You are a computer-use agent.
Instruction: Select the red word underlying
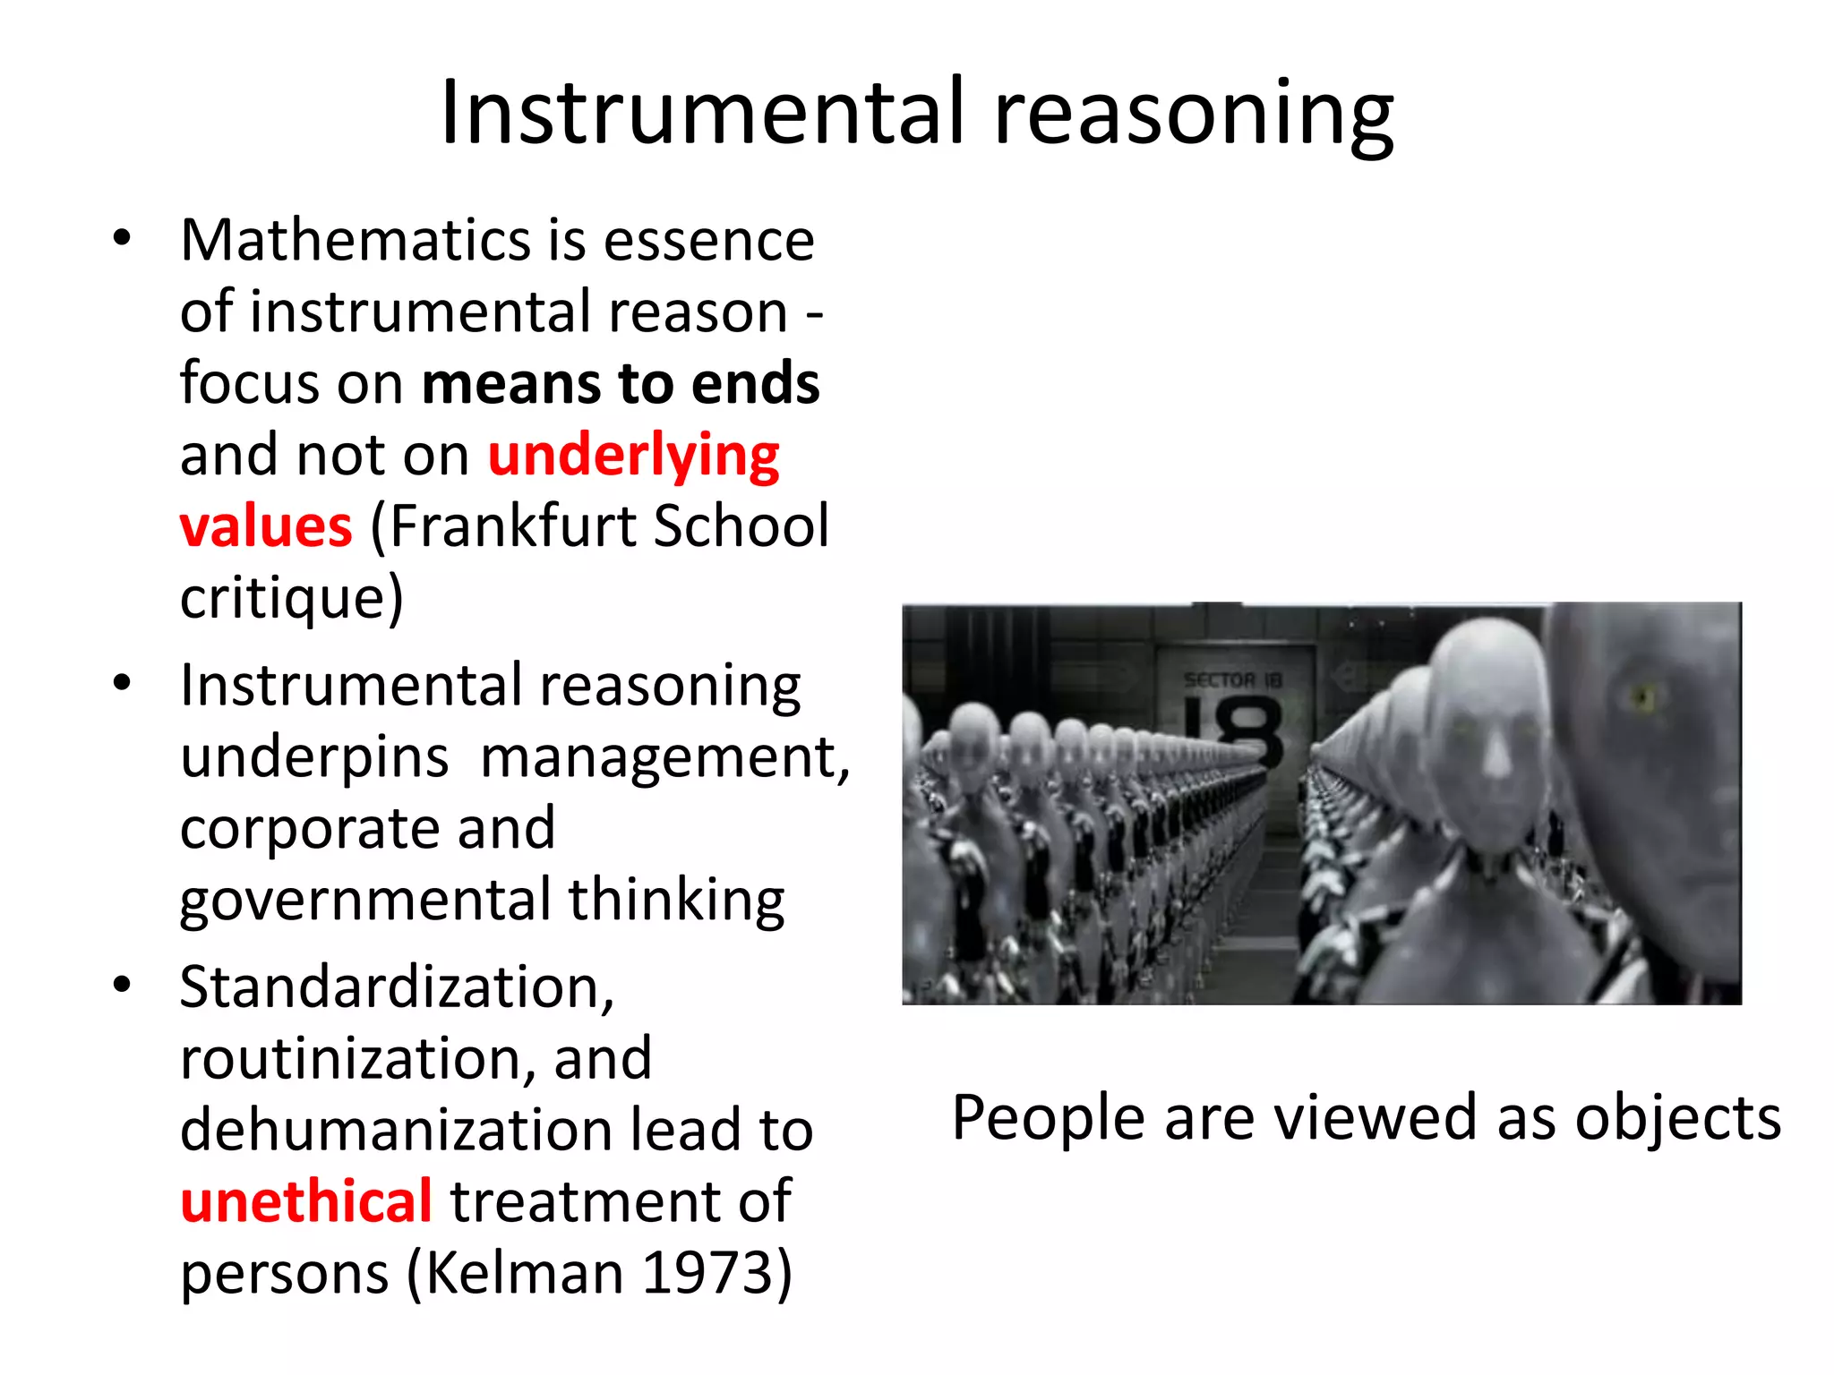[633, 457]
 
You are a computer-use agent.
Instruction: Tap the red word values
[266, 526]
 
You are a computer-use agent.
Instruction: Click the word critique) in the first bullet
[292, 598]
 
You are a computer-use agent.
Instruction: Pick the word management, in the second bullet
[664, 757]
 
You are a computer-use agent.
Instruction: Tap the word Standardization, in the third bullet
[397, 987]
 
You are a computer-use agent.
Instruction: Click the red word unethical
[306, 1201]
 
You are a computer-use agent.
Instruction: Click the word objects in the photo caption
[1677, 1118]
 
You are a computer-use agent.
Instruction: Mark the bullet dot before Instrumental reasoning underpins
[123, 685]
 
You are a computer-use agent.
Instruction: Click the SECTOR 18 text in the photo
[1232, 680]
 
